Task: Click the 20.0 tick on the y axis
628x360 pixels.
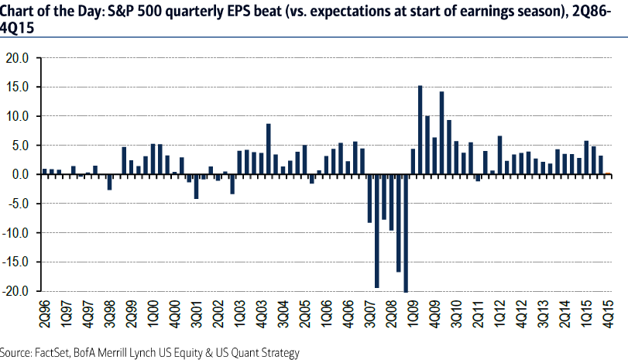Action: (16, 58)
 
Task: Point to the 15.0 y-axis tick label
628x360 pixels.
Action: (16, 87)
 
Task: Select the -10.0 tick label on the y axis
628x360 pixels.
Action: (15, 233)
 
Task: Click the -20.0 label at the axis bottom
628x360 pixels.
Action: (15, 291)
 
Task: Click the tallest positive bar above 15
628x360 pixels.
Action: (420, 130)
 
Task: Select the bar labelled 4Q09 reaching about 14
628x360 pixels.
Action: (441, 133)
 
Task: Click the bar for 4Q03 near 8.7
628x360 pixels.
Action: (268, 149)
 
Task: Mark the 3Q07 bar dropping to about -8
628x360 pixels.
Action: (369, 199)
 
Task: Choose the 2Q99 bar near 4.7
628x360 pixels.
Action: (124, 161)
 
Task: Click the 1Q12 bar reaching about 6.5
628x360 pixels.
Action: (499, 156)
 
